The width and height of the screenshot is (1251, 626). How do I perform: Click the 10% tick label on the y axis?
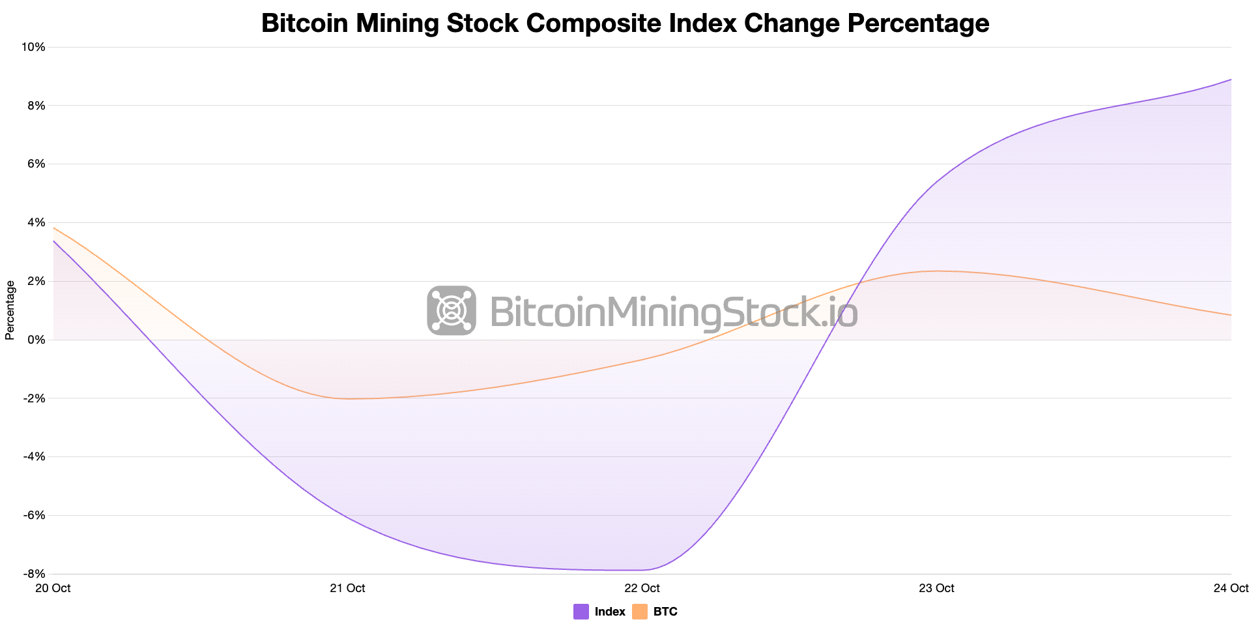[34, 47]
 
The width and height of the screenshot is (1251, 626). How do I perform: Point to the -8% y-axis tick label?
[34, 574]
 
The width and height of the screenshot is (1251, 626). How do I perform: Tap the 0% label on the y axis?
[36, 340]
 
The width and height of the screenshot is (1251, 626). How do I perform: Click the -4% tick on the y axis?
[34, 456]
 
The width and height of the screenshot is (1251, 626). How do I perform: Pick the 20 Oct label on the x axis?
[53, 588]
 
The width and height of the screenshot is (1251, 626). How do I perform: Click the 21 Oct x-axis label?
[347, 588]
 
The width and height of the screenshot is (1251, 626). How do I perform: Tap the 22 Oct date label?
[642, 588]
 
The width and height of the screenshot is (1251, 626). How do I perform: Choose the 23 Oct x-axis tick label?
[936, 588]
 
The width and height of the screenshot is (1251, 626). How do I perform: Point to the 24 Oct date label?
[1231, 588]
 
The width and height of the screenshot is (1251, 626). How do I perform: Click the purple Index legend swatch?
[581, 612]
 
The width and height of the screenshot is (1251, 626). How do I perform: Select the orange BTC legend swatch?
[640, 612]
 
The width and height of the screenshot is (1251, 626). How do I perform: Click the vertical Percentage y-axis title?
[10, 310]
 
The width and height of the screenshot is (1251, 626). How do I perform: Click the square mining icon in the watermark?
[452, 310]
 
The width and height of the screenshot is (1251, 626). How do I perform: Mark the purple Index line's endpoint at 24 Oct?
[1231, 80]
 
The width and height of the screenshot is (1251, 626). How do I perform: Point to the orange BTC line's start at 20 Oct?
[53, 228]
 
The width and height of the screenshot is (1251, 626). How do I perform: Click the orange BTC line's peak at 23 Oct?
[936, 271]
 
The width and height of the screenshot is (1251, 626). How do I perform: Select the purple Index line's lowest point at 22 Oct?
[642, 570]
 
